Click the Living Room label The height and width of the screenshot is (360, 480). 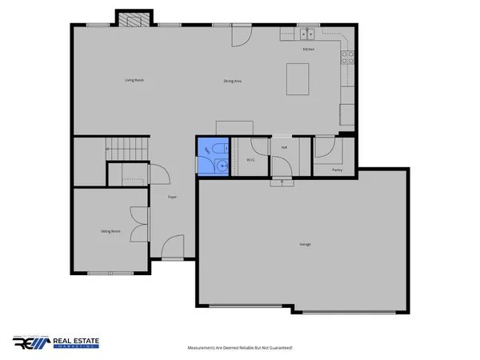pyautogui.click(x=134, y=80)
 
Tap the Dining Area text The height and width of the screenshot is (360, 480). pyautogui.click(x=233, y=81)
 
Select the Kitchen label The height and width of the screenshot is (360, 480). pyautogui.click(x=308, y=49)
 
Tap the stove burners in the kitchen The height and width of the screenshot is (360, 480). pyautogui.click(x=349, y=57)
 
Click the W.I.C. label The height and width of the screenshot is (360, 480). pyautogui.click(x=250, y=159)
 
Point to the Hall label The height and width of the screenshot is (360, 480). pyautogui.click(x=284, y=147)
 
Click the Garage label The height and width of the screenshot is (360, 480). pyautogui.click(x=305, y=243)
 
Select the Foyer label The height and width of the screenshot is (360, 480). pyautogui.click(x=172, y=197)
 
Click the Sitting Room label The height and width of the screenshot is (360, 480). pyautogui.click(x=110, y=230)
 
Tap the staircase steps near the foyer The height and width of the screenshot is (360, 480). pyautogui.click(x=127, y=148)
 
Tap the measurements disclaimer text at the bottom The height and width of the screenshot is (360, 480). pyautogui.click(x=240, y=348)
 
